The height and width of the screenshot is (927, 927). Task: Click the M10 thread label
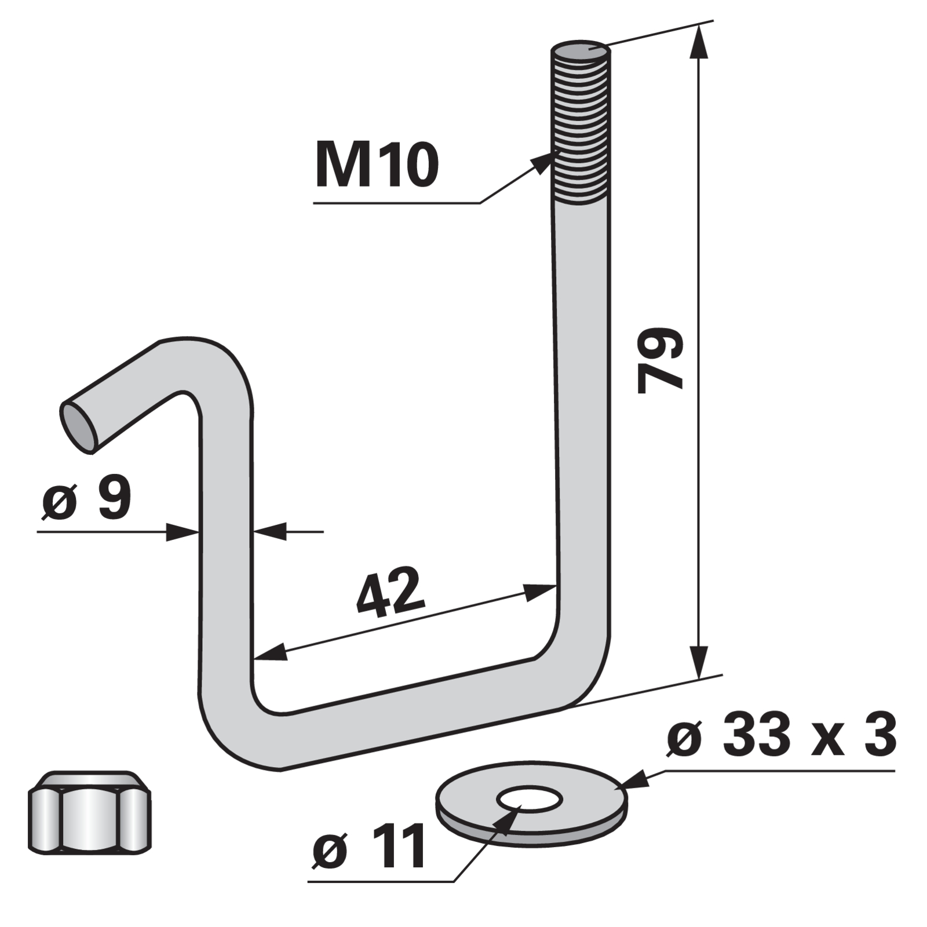click(377, 166)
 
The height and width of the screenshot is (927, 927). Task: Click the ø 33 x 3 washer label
click(782, 736)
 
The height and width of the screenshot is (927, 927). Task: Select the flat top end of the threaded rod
click(580, 50)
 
